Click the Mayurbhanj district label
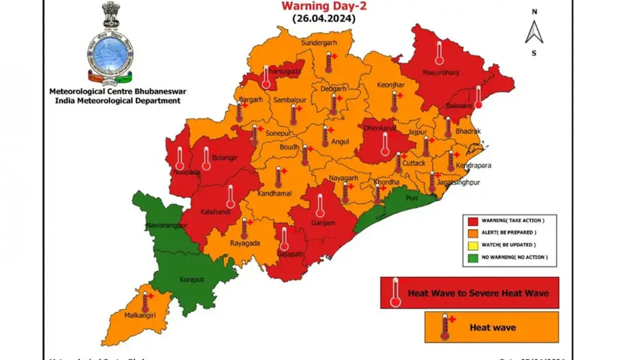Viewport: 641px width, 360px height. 441,73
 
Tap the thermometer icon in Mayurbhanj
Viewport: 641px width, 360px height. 439,53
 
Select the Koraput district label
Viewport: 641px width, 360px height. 191,279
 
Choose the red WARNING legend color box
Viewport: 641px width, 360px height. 472,220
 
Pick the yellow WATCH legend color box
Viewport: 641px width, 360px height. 472,245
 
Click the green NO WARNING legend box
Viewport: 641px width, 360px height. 472,257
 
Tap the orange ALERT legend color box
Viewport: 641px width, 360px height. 472,232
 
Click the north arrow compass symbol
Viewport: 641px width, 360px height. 534,32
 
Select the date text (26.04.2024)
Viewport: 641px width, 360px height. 324,19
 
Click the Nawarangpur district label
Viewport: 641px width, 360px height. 166,226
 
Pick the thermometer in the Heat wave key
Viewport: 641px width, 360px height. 444,327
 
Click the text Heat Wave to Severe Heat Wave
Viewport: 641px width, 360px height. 478,293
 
